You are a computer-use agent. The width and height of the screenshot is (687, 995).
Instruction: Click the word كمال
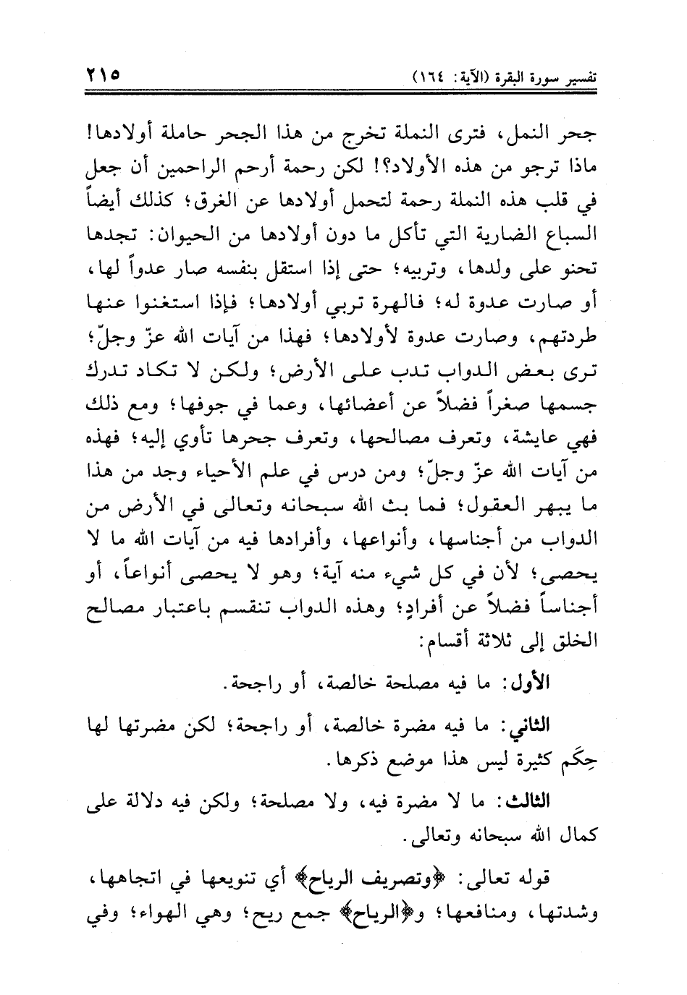pos(573,839)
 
